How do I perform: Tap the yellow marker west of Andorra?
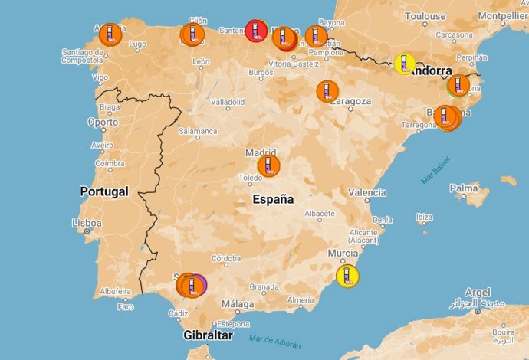pos(405,64)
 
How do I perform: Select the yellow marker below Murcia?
pos(347,276)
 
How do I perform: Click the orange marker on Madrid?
pos(268,165)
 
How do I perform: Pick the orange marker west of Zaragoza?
pos(327,91)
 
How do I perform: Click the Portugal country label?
pos(103,191)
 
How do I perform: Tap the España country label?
pos(273,199)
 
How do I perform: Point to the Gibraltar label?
pos(209,335)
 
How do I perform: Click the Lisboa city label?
pos(86,223)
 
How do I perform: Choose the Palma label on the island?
pos(464,188)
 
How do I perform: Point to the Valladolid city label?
pos(228,101)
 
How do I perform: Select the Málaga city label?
pos(237,304)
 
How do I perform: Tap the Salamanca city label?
pos(198,131)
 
